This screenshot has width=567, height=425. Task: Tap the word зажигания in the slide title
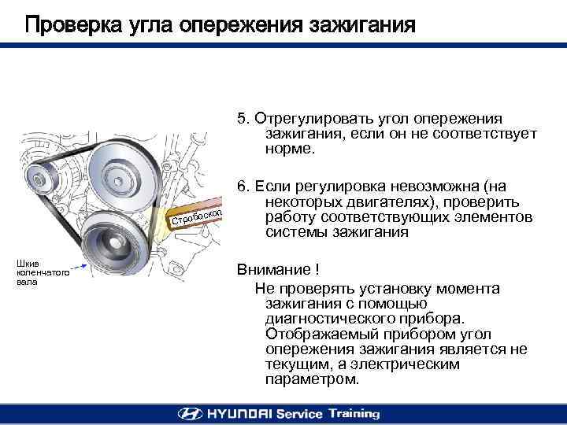(x=362, y=26)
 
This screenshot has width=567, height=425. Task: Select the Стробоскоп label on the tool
(x=196, y=216)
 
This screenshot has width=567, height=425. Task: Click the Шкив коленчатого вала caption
(x=43, y=272)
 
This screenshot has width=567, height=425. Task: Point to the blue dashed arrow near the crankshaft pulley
(x=79, y=267)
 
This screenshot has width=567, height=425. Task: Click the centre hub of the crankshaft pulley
(x=115, y=243)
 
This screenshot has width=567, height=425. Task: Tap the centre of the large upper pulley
(x=117, y=181)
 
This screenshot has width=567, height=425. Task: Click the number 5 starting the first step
(x=241, y=119)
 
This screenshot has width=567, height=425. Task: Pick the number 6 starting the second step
(x=241, y=186)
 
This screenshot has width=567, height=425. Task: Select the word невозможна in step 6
(x=434, y=187)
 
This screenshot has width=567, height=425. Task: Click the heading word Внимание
(x=274, y=270)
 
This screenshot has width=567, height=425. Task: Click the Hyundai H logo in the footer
(x=191, y=414)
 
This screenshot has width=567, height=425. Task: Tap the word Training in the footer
(x=354, y=414)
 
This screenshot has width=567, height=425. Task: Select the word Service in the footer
(x=299, y=414)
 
